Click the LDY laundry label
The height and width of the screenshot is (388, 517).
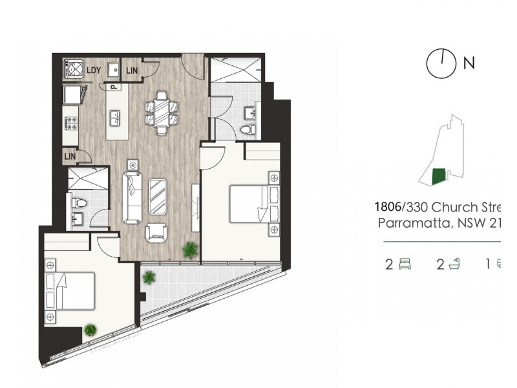pos(94,69)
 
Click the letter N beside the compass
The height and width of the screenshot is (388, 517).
pos(469,63)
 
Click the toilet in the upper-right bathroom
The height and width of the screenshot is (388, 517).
pos(246,130)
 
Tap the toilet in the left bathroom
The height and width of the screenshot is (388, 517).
pos(78,202)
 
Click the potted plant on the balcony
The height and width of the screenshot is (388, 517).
pos(149,277)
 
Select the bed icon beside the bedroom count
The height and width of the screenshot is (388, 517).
pos(405,264)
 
